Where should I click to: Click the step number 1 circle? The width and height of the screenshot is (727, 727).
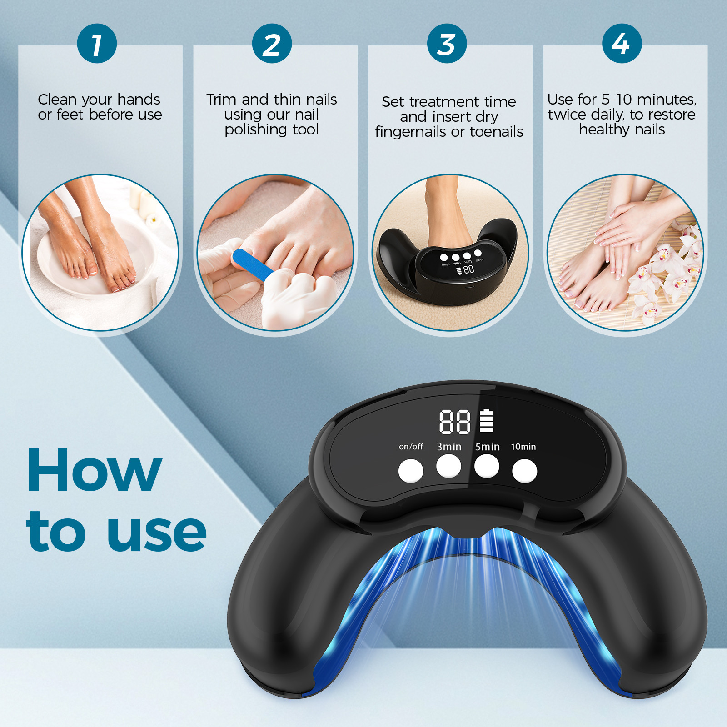(x=97, y=44)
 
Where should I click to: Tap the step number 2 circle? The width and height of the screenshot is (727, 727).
(x=272, y=44)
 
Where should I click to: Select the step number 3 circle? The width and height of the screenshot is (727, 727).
(x=447, y=44)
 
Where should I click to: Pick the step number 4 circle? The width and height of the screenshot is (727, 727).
(x=622, y=44)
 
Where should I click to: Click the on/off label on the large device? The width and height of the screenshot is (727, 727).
(x=411, y=447)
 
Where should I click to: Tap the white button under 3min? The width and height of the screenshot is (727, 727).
(x=448, y=466)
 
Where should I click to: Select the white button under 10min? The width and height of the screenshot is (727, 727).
(x=524, y=471)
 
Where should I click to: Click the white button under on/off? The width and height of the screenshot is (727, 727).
(x=411, y=471)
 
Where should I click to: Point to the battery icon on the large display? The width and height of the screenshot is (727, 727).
(x=486, y=420)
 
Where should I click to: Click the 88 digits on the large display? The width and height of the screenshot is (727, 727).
(x=454, y=422)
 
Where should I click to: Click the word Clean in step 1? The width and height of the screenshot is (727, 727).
(x=57, y=99)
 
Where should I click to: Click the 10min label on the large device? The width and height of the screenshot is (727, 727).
(x=523, y=447)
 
